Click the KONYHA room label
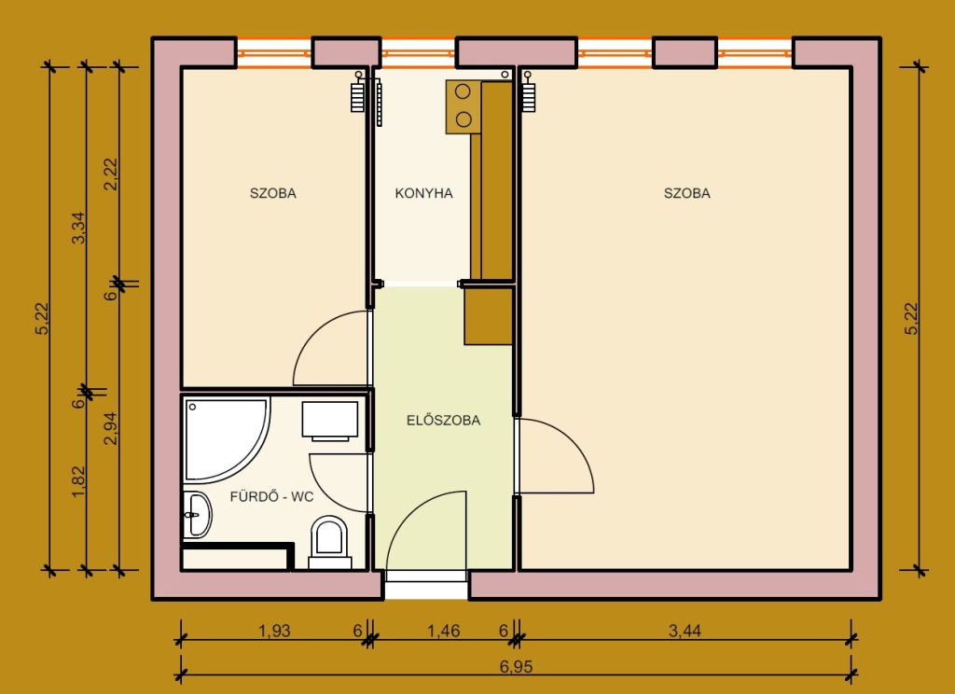click(x=423, y=193)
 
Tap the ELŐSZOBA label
click(x=443, y=420)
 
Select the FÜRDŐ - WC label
click(x=271, y=496)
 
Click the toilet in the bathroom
click(x=329, y=540)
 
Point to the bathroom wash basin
click(x=196, y=515)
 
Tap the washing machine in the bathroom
click(x=329, y=421)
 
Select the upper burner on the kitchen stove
click(x=463, y=92)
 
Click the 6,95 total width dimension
click(x=516, y=667)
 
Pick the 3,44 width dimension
click(x=685, y=631)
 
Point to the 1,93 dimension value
click(x=274, y=631)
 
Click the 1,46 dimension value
click(x=443, y=631)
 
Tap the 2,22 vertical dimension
click(x=110, y=173)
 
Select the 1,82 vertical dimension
click(x=78, y=481)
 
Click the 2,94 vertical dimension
click(x=110, y=428)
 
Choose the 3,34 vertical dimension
click(x=78, y=228)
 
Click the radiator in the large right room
click(x=528, y=92)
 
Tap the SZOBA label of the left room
click(x=273, y=193)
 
